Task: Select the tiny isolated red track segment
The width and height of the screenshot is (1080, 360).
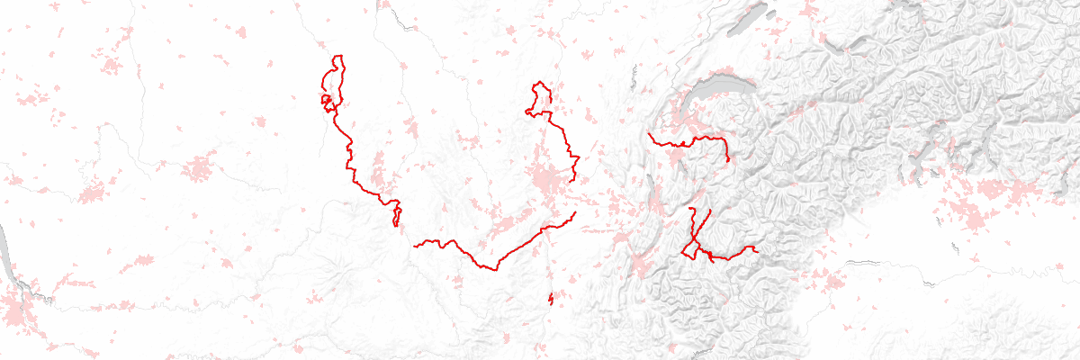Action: pos(550,299)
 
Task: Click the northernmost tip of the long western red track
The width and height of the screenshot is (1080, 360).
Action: pos(339,57)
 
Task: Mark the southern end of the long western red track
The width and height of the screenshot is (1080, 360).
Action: pos(396,225)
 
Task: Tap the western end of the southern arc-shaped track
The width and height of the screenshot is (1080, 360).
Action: pos(414,245)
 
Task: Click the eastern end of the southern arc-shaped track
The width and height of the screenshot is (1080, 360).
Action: pos(574,213)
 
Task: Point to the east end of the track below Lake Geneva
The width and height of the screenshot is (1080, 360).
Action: pos(726,161)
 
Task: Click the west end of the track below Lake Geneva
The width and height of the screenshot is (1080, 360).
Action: pos(649,134)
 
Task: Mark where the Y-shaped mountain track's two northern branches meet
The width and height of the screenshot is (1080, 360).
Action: pos(694,241)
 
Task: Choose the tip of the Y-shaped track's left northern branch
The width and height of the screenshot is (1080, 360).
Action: pos(690,209)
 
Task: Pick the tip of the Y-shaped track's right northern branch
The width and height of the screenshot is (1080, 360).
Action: pos(710,210)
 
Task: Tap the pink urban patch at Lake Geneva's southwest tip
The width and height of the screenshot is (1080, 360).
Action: pos(673,117)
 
